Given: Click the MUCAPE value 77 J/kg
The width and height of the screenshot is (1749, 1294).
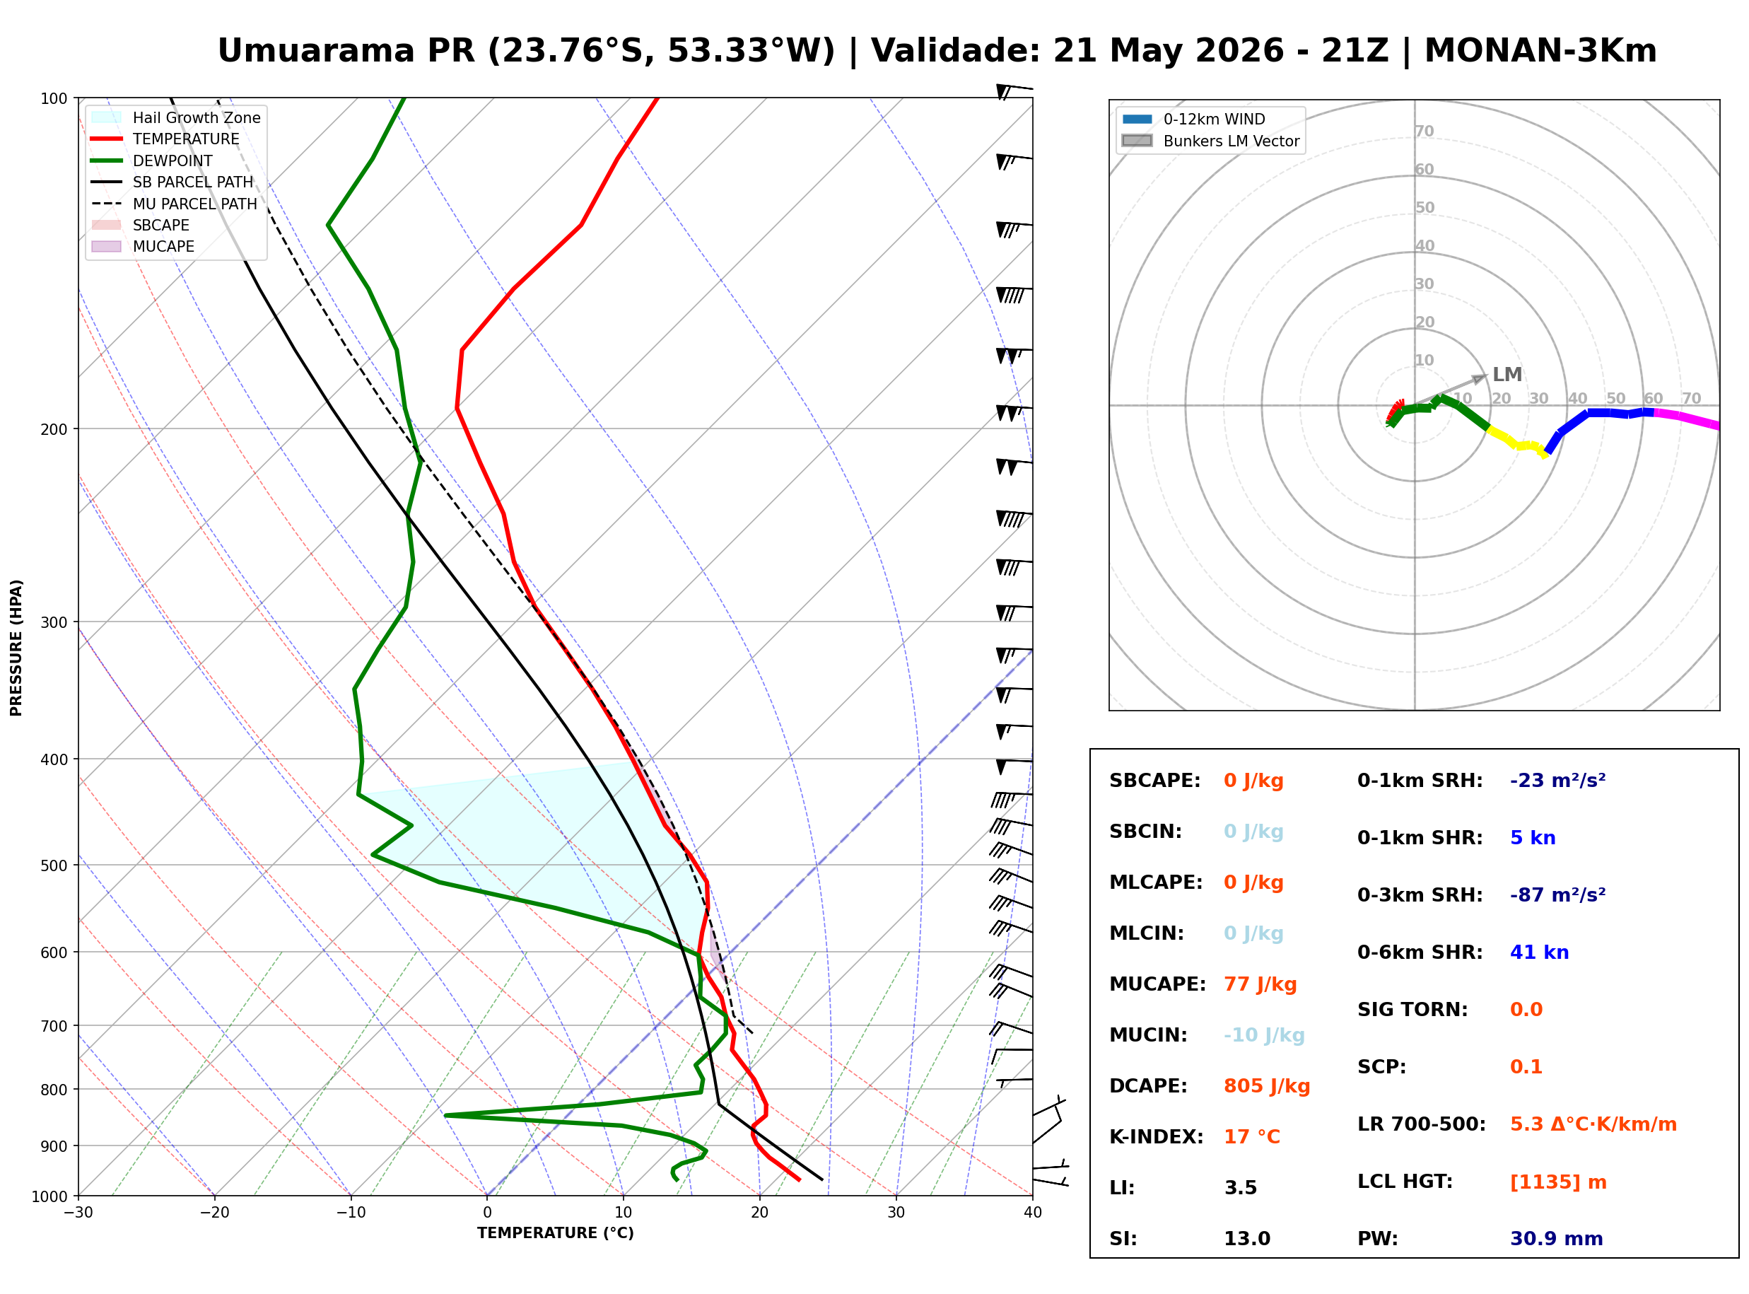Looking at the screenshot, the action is coord(1260,984).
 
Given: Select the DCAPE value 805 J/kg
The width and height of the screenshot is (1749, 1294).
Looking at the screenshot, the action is coord(1267,1086).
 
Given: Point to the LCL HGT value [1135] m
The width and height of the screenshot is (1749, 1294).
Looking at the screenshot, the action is coord(1558,1182).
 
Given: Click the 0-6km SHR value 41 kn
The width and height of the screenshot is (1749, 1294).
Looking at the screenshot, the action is coord(1539,952).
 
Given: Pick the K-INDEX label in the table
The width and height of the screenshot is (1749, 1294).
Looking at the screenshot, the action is coord(1157,1137).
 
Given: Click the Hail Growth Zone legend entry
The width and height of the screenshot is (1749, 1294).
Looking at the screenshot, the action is coord(176,117).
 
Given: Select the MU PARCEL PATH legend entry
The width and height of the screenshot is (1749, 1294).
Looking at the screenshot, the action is coord(174,204).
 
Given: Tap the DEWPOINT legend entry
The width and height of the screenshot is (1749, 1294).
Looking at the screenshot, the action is coord(152,161).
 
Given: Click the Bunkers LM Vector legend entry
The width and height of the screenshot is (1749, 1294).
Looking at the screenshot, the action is coord(1210,141).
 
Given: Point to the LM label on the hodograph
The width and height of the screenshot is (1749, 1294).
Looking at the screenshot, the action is coord(1507,375).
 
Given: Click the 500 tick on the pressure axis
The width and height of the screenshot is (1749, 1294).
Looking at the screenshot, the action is coord(54,865).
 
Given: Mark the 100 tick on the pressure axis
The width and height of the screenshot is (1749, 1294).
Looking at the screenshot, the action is coord(54,99).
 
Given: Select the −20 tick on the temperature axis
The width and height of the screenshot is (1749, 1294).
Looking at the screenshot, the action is coord(214,1213).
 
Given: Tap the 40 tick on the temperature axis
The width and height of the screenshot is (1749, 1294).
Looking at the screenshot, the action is coord(1033,1213).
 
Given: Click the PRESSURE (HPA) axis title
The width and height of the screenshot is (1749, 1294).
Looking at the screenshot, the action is coord(16,648).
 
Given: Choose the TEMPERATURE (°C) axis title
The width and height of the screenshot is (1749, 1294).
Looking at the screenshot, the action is coord(556,1234).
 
